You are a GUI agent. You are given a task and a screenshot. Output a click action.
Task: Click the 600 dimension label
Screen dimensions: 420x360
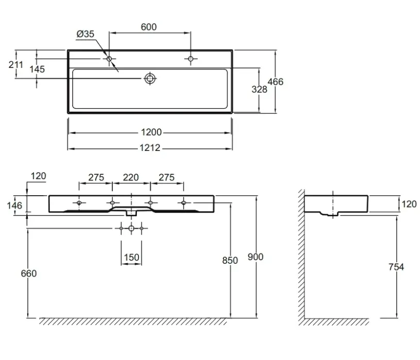click(x=149, y=27)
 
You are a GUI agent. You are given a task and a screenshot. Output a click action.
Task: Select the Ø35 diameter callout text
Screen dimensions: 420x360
click(x=85, y=34)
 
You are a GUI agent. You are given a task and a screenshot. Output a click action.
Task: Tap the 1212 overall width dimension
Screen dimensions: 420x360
click(x=150, y=148)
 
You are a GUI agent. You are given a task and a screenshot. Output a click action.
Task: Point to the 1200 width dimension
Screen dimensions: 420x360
click(x=151, y=132)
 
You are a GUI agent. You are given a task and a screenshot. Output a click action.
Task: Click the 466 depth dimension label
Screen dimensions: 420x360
click(x=275, y=82)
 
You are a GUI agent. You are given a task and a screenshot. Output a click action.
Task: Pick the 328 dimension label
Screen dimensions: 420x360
click(x=259, y=89)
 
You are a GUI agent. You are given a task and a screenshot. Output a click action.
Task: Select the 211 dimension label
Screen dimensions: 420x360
click(x=16, y=64)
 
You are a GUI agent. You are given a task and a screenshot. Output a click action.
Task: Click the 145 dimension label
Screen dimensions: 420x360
click(x=37, y=69)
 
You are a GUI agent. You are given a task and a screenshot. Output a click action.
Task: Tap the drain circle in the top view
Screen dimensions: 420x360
click(x=150, y=78)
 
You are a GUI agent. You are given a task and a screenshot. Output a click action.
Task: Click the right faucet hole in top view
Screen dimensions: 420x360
click(x=191, y=58)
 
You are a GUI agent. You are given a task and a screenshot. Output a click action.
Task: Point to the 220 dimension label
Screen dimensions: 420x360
click(x=131, y=177)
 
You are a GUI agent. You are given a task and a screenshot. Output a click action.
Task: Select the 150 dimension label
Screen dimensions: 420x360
click(x=132, y=258)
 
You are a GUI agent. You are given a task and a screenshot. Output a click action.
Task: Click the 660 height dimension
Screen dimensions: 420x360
click(x=29, y=273)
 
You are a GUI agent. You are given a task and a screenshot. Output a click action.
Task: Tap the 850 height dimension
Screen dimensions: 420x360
click(x=230, y=260)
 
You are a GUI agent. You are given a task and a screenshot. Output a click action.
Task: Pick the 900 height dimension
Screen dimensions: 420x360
click(x=255, y=257)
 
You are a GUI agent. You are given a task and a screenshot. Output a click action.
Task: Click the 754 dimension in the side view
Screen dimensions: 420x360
click(x=396, y=267)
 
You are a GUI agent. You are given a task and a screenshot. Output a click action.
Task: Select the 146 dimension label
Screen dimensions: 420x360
click(x=14, y=205)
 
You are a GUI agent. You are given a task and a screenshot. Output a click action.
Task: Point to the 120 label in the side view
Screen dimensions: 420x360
click(x=409, y=204)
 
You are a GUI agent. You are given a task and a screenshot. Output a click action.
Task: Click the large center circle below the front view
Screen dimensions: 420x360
click(x=131, y=228)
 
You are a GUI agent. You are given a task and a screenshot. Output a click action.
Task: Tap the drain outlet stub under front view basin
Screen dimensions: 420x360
click(x=131, y=213)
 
